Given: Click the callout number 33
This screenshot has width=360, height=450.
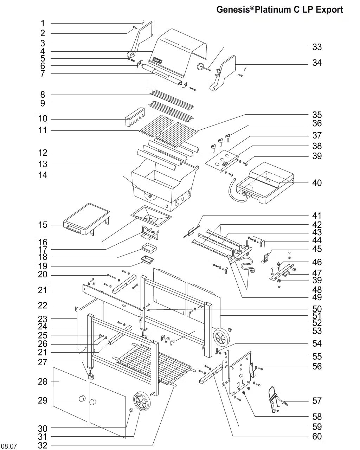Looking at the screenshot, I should pos(317,47).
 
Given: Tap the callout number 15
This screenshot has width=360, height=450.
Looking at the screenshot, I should pos(43,225).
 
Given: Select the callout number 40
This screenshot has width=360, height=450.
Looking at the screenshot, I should pos(317,183).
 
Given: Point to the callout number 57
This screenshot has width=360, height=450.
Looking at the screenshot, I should pos(317,401).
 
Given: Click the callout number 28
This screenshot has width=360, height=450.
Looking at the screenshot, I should pos(43,381).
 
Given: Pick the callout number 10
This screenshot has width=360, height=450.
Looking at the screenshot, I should pos(43,119).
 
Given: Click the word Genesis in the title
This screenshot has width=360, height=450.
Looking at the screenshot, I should pos(233,9).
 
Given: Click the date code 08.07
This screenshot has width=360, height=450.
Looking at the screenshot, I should pos(9,446).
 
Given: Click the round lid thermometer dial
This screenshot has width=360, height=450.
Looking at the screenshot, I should pos(201,66).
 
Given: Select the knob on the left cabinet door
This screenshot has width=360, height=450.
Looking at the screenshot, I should pos(82,399).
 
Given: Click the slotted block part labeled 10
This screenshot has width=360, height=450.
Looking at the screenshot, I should pos(135,117).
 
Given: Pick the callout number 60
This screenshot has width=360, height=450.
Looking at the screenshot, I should pos(317,437).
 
